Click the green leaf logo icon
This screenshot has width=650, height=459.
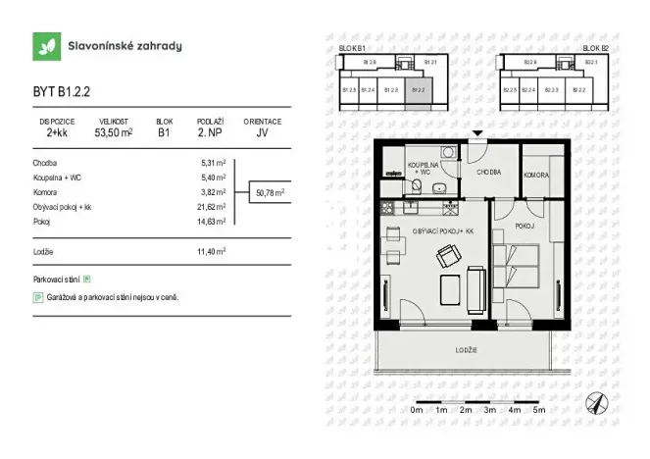coord(44,46)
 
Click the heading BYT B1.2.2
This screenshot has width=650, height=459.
coord(61,94)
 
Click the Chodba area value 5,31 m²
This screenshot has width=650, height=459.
coord(214,163)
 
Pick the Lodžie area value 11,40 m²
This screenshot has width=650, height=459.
coord(213,252)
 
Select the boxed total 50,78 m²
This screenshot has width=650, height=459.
coord(270,193)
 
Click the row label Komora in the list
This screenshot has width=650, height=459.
coord(45,192)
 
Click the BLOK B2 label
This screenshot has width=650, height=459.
coord(595,47)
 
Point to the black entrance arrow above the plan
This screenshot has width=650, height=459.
coord(476,134)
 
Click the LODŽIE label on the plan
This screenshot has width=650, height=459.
coord(465,349)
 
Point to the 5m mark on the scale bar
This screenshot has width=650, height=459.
coord(537,411)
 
